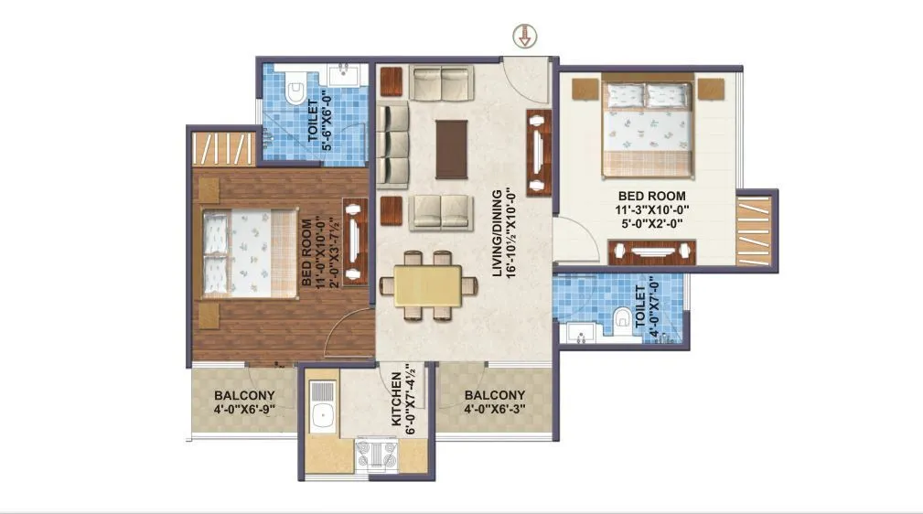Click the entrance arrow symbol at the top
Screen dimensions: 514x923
(526, 37)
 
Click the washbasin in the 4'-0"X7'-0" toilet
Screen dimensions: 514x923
(580, 331)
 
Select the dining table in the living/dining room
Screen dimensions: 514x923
(429, 285)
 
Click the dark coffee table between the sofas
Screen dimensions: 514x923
(452, 149)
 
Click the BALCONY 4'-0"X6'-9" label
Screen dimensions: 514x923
(244, 402)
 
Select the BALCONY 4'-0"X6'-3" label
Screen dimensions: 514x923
(494, 402)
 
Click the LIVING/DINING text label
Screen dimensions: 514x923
(499, 232)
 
